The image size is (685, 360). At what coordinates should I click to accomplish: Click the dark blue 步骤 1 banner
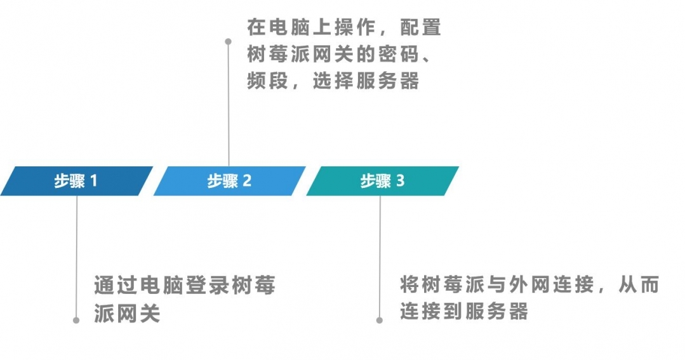[x=76, y=181]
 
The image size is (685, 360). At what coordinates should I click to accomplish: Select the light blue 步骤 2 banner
[x=229, y=181]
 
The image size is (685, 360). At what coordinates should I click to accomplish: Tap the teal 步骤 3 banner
[x=382, y=181]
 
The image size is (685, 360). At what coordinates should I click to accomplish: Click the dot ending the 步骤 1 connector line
[x=76, y=320]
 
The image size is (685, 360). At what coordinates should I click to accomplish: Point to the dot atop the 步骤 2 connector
[x=228, y=41]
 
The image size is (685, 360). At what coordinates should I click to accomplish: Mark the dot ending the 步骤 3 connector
[x=379, y=320]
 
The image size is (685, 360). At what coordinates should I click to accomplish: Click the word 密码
[x=400, y=54]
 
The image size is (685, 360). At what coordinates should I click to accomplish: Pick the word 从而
[x=639, y=285]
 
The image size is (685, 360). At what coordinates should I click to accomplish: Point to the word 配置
[x=421, y=27]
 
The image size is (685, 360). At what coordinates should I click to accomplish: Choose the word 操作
[x=355, y=27]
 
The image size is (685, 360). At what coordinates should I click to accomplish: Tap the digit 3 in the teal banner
[x=400, y=180]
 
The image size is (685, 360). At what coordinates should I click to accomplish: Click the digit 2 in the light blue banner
[x=247, y=180]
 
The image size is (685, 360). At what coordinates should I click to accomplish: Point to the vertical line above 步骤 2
[x=229, y=104]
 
